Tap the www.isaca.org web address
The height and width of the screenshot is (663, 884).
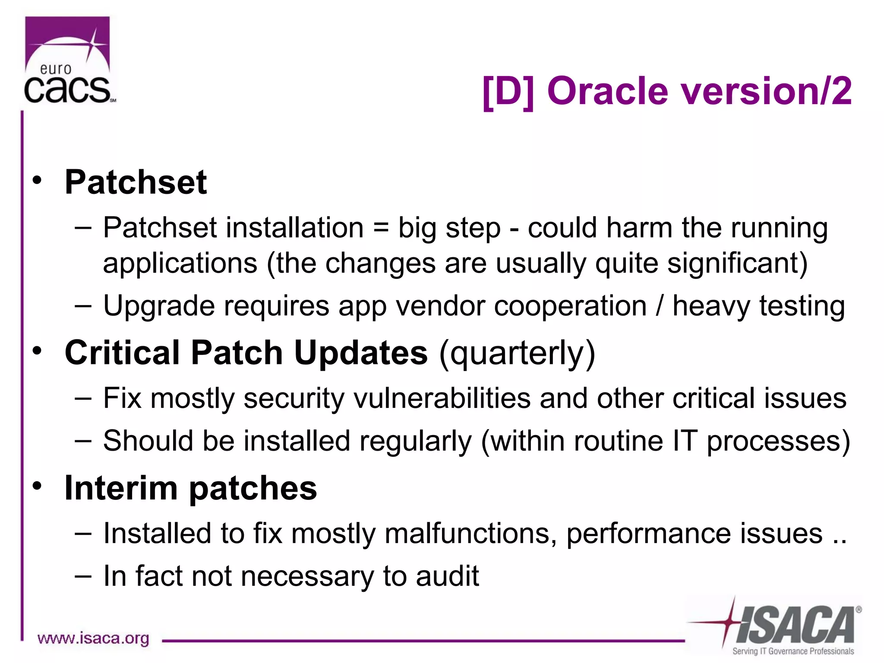pyautogui.click(x=93, y=638)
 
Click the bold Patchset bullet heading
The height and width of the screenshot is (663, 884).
pyautogui.click(x=136, y=182)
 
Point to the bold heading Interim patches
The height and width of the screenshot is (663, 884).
pyautogui.click(x=190, y=488)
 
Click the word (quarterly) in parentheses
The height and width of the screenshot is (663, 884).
pyautogui.click(x=517, y=353)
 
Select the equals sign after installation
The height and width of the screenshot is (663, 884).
pyautogui.click(x=381, y=228)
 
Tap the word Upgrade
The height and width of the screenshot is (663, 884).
pyautogui.click(x=158, y=306)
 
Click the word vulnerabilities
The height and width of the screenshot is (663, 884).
pyautogui.click(x=442, y=398)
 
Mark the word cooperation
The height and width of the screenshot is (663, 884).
pyautogui.click(x=570, y=306)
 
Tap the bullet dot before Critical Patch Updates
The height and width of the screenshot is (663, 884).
pyautogui.click(x=38, y=350)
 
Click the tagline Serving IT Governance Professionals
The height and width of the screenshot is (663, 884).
pyautogui.click(x=793, y=651)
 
